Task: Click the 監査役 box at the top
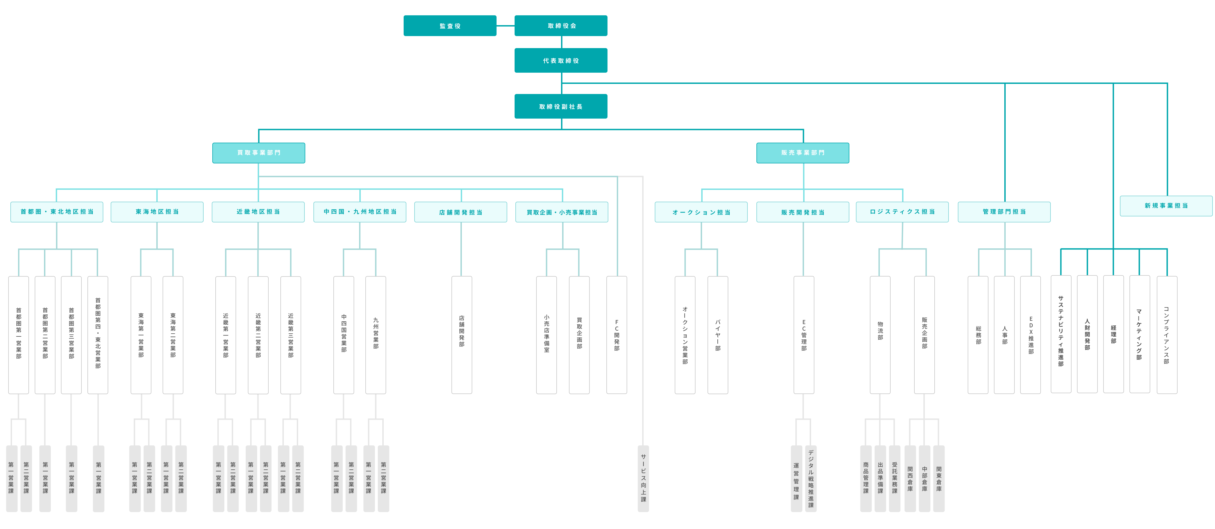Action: (x=450, y=25)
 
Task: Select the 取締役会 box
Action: (x=561, y=25)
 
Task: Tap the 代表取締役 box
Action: (x=561, y=60)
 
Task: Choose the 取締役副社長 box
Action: (x=561, y=106)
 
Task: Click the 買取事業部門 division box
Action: (x=259, y=153)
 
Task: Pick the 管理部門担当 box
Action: (x=1004, y=212)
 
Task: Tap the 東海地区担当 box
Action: (x=157, y=212)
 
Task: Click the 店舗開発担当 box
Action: (x=460, y=212)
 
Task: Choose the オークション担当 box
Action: (x=701, y=212)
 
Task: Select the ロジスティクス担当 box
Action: (x=902, y=212)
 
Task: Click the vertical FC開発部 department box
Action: (x=617, y=335)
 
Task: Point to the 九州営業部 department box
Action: (x=375, y=335)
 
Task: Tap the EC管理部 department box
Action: (x=804, y=335)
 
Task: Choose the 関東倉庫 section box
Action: (x=939, y=478)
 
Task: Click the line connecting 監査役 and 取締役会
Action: (x=505, y=25)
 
